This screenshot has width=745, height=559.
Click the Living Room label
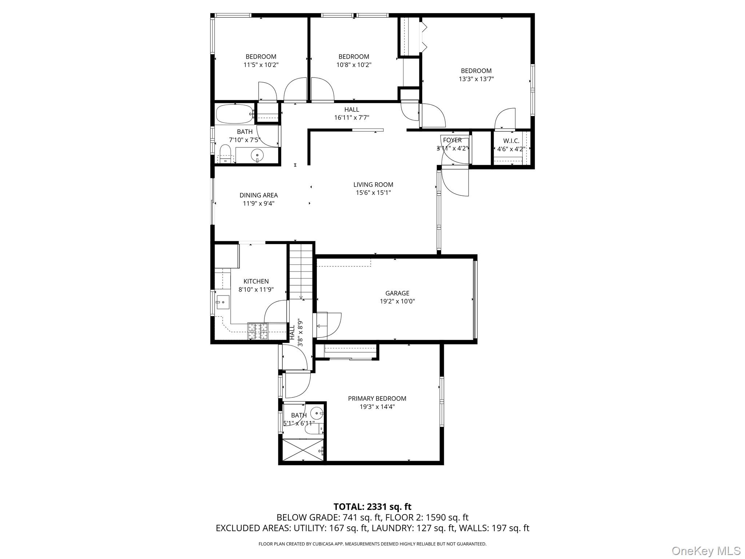[x=373, y=185]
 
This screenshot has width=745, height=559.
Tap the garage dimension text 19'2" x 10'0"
[x=397, y=301]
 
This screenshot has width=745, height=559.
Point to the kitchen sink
[x=222, y=302]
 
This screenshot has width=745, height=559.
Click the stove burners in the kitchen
[x=258, y=331]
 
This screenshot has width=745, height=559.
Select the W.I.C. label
[x=511, y=141]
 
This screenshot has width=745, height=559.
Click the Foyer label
[x=452, y=140]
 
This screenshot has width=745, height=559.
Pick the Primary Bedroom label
[x=377, y=399]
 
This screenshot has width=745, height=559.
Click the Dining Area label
[x=258, y=195]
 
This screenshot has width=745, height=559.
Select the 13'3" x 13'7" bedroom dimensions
[x=476, y=79]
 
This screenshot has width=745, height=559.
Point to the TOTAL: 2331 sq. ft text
[x=372, y=507]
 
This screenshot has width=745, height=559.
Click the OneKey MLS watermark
[x=706, y=551]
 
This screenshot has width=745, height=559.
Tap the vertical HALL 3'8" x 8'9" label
[x=296, y=332]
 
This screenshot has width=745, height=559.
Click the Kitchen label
[x=256, y=281]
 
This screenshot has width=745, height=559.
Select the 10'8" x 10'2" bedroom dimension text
[x=354, y=65]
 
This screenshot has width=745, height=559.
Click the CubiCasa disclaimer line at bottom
[x=372, y=544]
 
